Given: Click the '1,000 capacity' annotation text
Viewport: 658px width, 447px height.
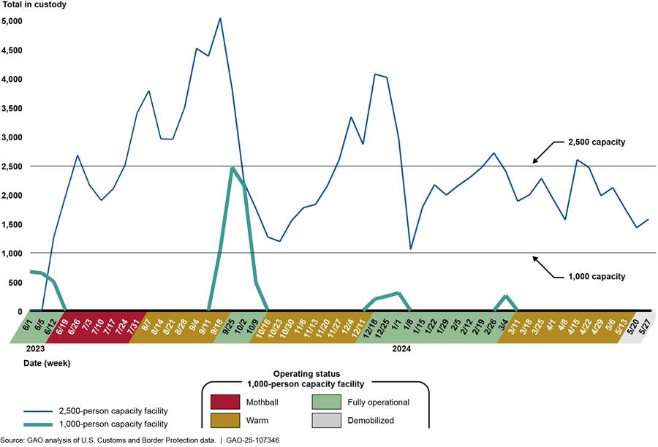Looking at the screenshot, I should click(x=596, y=276).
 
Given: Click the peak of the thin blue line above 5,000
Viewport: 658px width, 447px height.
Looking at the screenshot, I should click(x=220, y=18).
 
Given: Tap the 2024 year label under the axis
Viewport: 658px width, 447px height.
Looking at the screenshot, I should click(x=401, y=348).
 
